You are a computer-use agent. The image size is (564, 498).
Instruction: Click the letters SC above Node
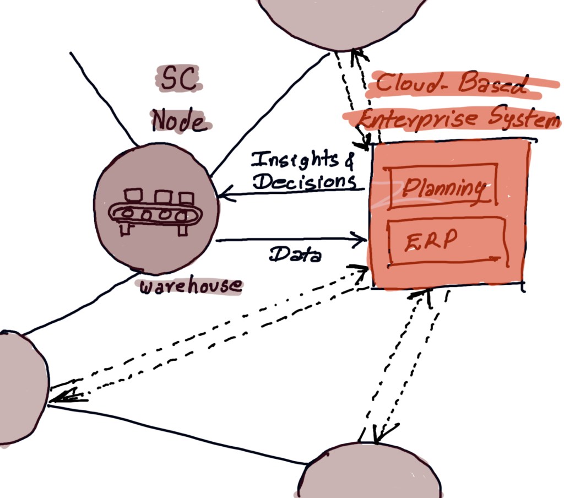(x=178, y=79)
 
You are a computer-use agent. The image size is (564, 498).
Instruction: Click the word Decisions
(x=305, y=181)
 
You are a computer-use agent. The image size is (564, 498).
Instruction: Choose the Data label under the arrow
(x=295, y=254)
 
